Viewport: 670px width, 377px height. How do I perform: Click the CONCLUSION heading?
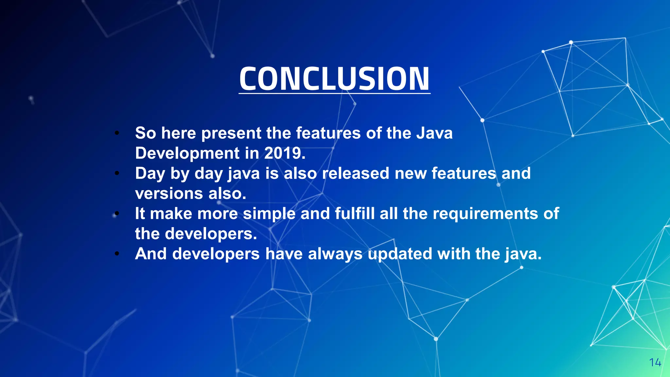(334, 79)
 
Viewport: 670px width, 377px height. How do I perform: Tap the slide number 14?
(655, 363)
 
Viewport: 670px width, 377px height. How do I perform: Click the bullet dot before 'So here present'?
(117, 133)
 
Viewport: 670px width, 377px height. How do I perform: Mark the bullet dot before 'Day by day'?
(117, 173)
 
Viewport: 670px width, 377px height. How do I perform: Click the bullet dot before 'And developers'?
(117, 254)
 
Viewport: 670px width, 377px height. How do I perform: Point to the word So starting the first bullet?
(145, 133)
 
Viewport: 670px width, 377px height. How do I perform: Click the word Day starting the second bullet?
(150, 173)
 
